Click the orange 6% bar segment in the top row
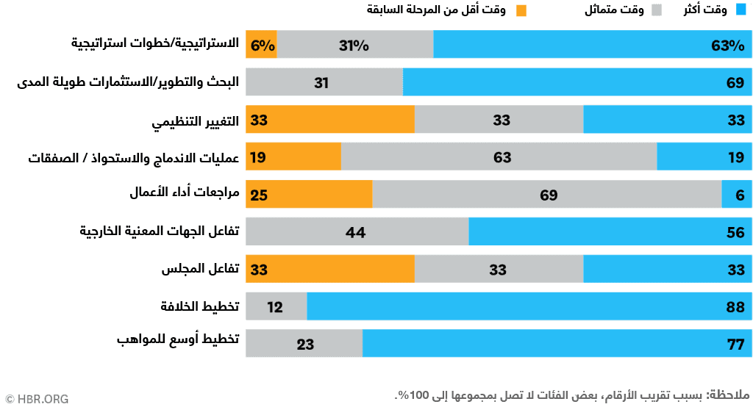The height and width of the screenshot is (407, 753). click(x=262, y=45)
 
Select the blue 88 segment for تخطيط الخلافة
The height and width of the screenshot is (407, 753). click(x=529, y=306)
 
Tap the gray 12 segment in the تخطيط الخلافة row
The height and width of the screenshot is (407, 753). click(x=276, y=306)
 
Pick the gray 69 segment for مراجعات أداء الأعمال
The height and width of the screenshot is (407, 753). click(x=547, y=195)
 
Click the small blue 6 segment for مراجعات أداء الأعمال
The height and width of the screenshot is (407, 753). click(x=737, y=195)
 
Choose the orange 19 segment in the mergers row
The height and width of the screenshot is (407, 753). click(x=293, y=157)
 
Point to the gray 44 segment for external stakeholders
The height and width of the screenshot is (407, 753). click(x=357, y=232)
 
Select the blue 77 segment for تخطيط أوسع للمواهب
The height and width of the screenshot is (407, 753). click(x=557, y=344)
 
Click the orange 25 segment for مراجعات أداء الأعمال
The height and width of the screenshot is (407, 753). click(x=309, y=195)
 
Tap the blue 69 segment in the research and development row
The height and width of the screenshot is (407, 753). click(x=577, y=82)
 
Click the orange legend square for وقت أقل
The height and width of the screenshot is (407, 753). click(x=522, y=10)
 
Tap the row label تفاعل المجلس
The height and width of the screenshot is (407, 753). click(x=201, y=269)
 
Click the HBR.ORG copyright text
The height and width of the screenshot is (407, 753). click(x=37, y=399)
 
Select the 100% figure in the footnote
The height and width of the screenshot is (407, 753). click(x=413, y=395)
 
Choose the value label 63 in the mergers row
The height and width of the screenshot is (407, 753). click(x=502, y=157)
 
